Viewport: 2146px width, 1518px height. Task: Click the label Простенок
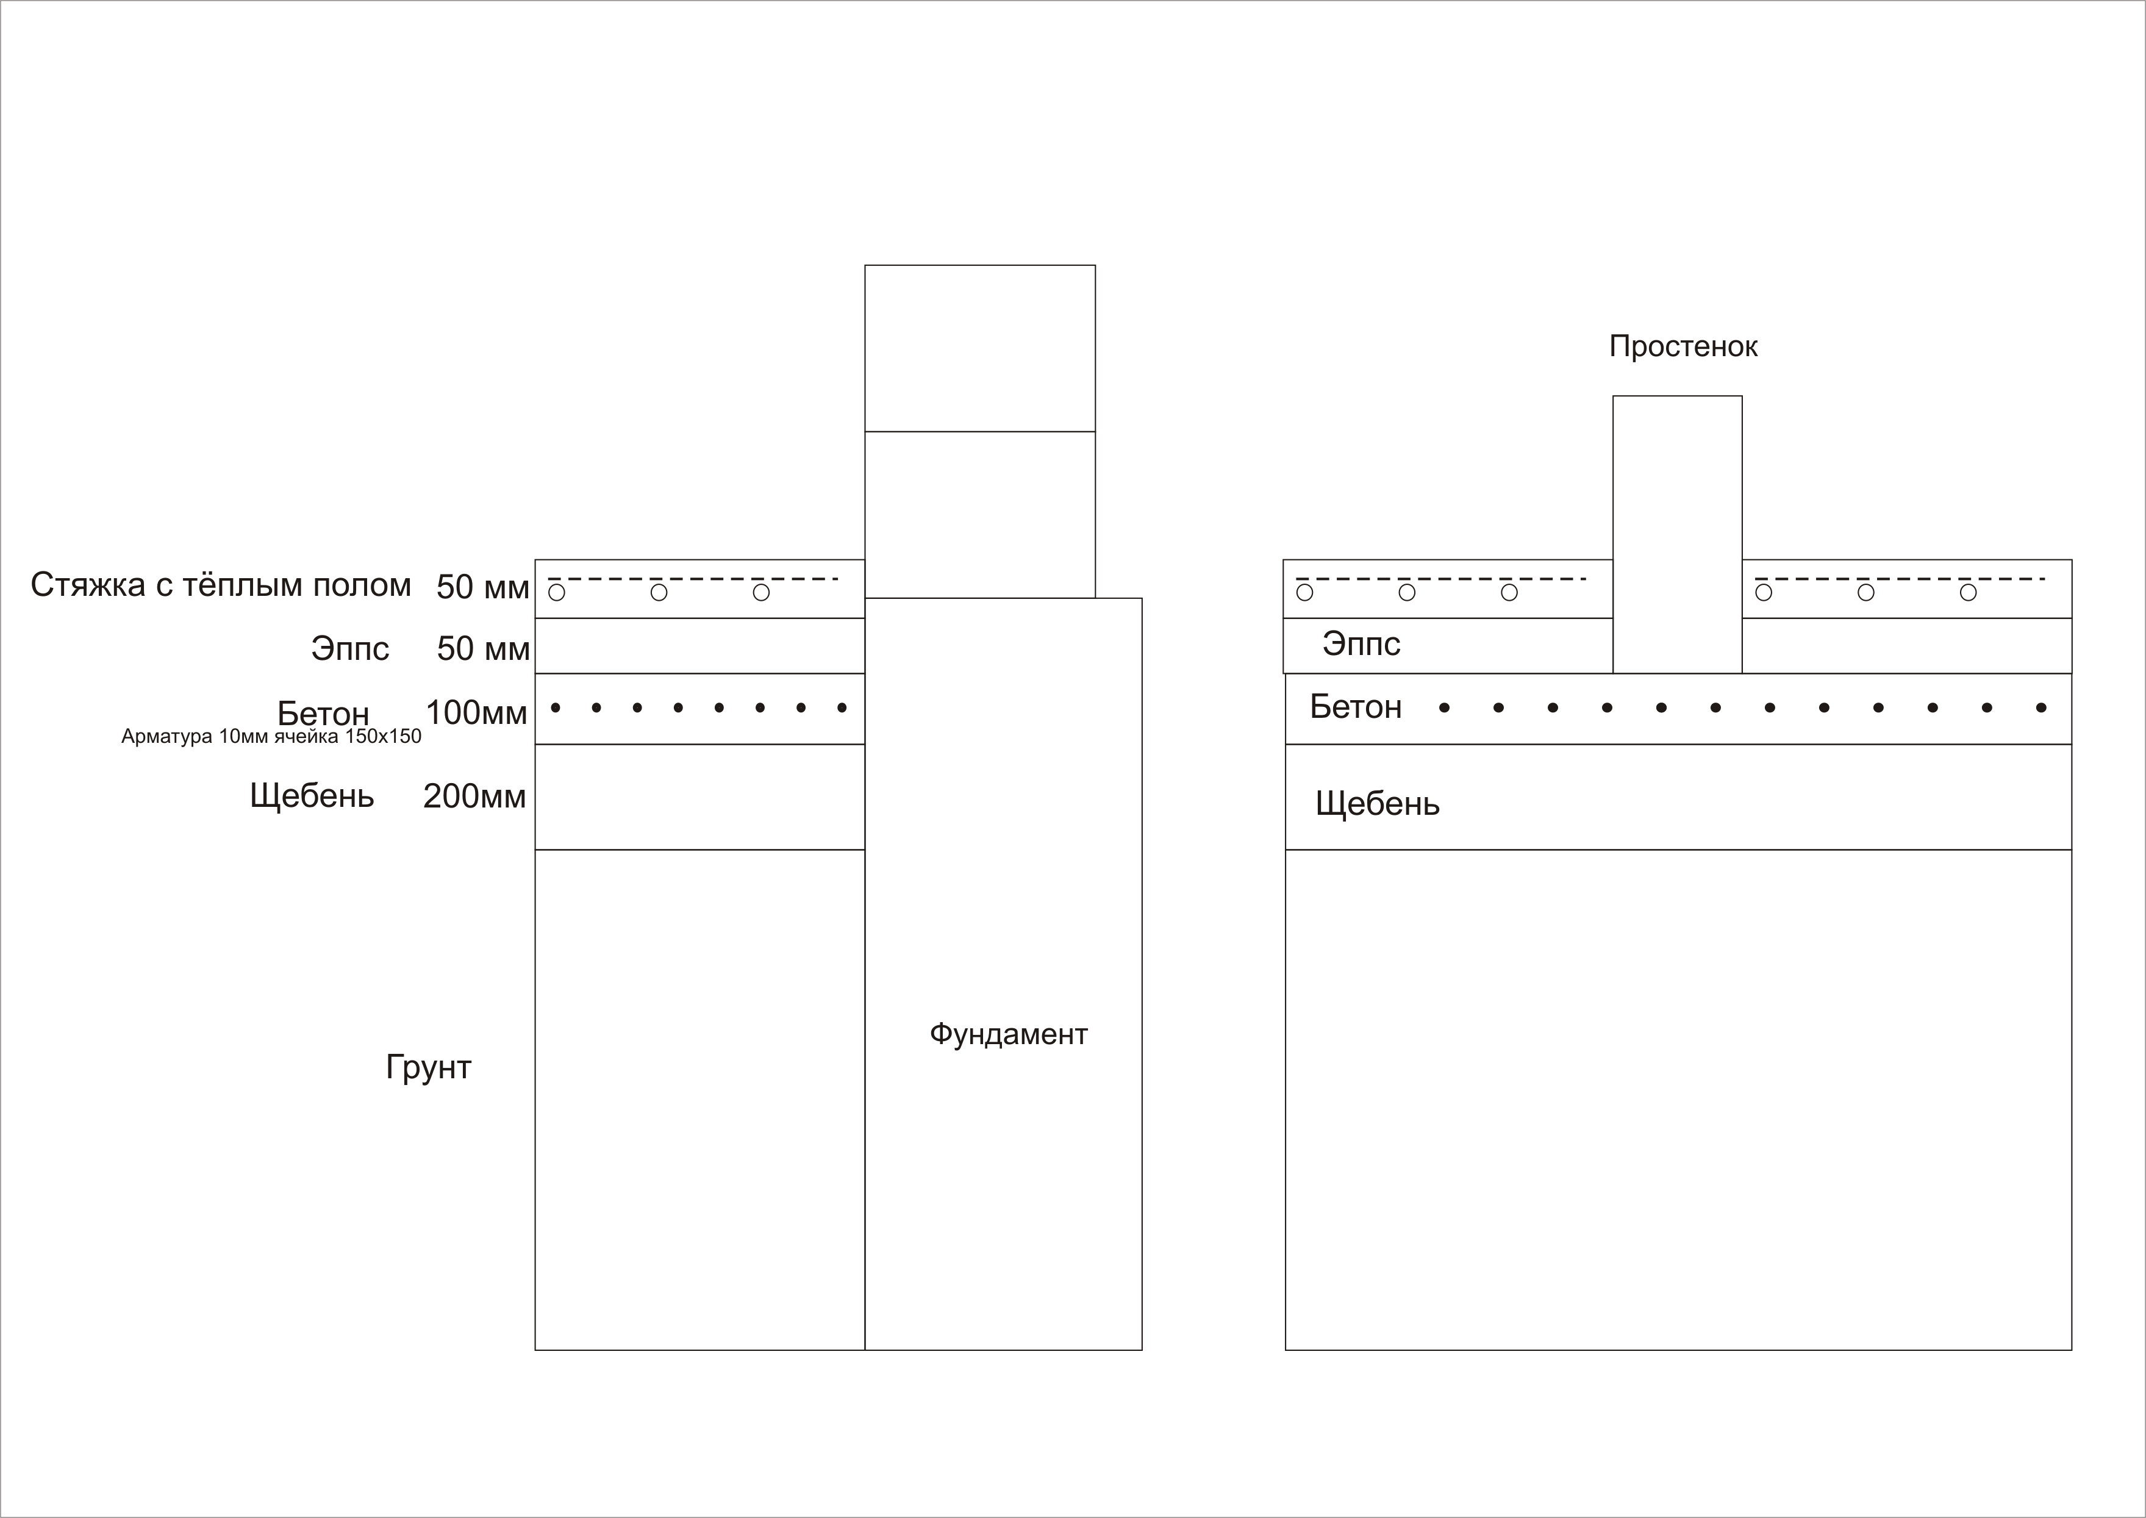coord(1683,347)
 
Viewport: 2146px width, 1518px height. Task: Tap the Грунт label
coord(428,1067)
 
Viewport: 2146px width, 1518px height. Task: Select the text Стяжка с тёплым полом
coord(221,585)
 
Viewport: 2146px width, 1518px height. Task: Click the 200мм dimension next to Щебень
coord(475,797)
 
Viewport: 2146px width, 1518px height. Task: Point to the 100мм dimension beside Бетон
coord(477,713)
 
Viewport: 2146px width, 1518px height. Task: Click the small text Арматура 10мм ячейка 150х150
coord(271,737)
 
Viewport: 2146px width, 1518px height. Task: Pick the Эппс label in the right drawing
coord(1361,644)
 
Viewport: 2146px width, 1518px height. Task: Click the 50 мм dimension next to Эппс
coord(483,649)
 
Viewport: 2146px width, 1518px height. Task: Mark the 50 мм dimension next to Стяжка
coord(482,587)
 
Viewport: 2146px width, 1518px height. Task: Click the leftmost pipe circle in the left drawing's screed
coord(556,593)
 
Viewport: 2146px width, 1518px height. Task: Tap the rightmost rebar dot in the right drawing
coord(2040,707)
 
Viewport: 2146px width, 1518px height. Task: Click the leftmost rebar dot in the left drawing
coord(555,707)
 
